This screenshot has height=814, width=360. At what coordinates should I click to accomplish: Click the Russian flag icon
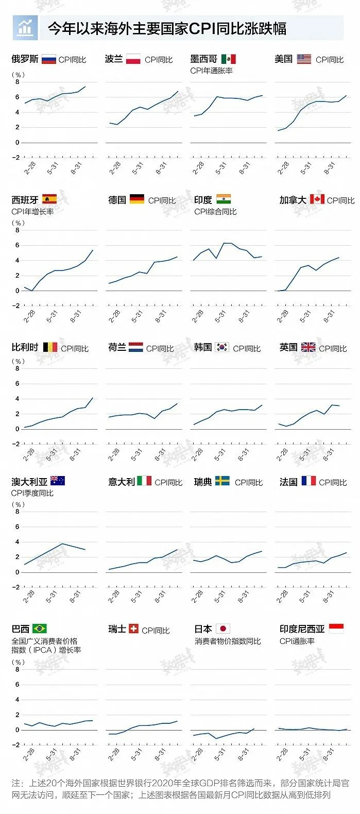click(48, 59)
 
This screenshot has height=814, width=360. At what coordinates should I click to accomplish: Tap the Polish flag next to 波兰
click(133, 59)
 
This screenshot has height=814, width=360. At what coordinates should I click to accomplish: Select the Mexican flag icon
click(228, 59)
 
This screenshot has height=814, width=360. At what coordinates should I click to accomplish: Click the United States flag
click(304, 59)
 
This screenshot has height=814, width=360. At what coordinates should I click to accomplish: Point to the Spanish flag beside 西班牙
click(49, 199)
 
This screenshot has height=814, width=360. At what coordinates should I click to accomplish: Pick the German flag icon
click(137, 199)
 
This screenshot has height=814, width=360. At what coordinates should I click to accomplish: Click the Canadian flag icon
click(317, 199)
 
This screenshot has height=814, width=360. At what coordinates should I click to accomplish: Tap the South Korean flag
click(222, 347)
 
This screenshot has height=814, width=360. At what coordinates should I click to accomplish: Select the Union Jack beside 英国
click(308, 347)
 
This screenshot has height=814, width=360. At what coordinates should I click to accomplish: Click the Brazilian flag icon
click(40, 629)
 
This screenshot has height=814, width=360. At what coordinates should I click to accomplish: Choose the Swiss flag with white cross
click(133, 629)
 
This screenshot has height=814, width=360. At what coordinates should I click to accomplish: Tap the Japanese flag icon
click(223, 629)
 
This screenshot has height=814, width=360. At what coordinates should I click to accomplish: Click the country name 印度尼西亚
click(302, 629)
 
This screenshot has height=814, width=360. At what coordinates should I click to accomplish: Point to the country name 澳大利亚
click(29, 482)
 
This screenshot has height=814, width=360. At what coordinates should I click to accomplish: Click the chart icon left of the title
click(25, 28)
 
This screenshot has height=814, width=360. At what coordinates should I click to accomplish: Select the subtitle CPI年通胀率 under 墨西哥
click(211, 71)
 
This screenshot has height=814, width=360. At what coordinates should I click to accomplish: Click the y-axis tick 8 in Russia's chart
click(17, 82)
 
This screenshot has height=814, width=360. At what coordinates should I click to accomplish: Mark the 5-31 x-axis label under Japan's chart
click(220, 755)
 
